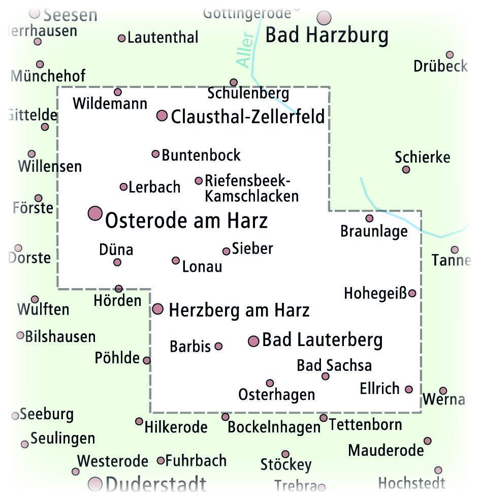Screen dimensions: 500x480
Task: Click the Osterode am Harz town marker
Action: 95,213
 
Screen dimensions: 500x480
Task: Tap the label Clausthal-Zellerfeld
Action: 247,117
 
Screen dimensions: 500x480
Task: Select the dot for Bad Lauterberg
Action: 253,341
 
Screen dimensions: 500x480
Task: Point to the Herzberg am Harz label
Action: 239,310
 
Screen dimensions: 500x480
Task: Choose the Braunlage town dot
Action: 369,218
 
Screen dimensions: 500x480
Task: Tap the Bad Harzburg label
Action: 327,36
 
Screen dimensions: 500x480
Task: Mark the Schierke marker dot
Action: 406,170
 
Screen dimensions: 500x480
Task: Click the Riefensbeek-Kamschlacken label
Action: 251,188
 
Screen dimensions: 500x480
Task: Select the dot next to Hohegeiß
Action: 412,293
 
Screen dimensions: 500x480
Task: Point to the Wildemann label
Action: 110,104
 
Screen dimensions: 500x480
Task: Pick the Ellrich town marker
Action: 409,389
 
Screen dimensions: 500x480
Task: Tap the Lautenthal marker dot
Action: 121,38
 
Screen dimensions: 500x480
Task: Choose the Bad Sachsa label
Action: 334,365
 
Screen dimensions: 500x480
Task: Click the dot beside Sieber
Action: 226,251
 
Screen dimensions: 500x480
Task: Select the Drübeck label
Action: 440,66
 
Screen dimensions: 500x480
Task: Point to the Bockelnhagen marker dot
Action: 226,417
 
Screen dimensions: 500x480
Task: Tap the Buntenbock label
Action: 201,155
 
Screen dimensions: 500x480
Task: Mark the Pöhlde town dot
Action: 147,360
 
